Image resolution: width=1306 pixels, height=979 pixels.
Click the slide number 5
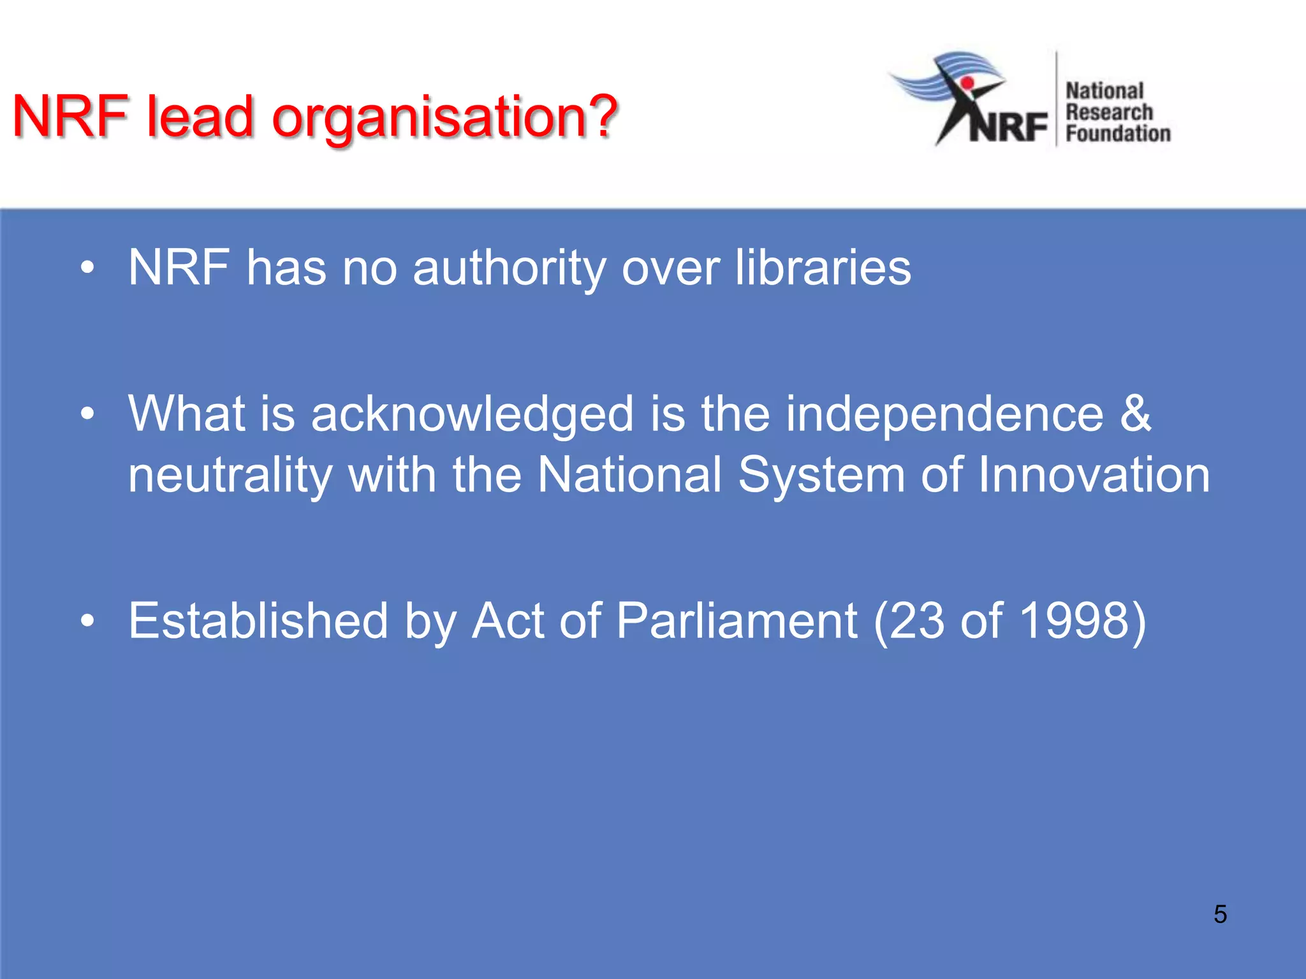[1220, 914]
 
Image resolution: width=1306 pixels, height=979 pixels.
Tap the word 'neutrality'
[230, 475]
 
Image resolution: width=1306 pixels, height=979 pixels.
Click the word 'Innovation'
[1094, 475]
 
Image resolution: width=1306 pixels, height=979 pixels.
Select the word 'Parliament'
[737, 621]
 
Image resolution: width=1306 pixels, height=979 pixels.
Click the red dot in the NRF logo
[967, 83]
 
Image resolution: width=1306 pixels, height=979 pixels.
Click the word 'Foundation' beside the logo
[1118, 134]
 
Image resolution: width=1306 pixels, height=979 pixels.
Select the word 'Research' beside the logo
[1109, 112]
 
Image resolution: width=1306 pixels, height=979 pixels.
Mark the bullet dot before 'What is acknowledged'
[87, 415]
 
